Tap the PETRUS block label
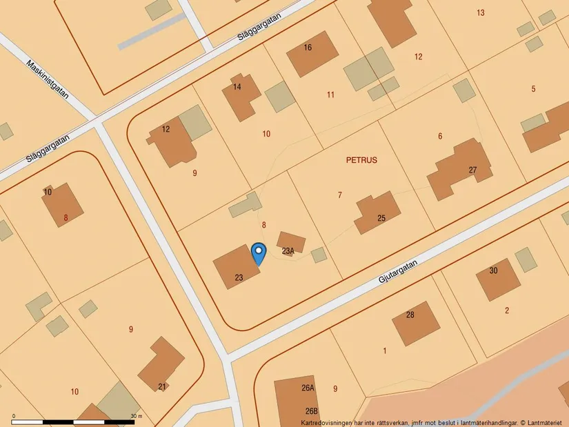pyautogui.click(x=361, y=159)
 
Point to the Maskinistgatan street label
pyautogui.click(x=48, y=79)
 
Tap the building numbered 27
pyautogui.click(x=460, y=168)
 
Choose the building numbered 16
pyautogui.click(x=312, y=53)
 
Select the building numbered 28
pyautogui.click(x=416, y=322)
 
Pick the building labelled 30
pyautogui.click(x=497, y=278)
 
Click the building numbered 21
pyautogui.click(x=161, y=364)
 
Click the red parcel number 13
pyautogui.click(x=480, y=12)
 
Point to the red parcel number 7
pyautogui.click(x=339, y=195)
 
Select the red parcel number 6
pyautogui.click(x=440, y=136)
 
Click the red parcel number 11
pyautogui.click(x=331, y=95)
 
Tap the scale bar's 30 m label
pyautogui.click(x=136, y=416)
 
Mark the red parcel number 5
pyautogui.click(x=533, y=88)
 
